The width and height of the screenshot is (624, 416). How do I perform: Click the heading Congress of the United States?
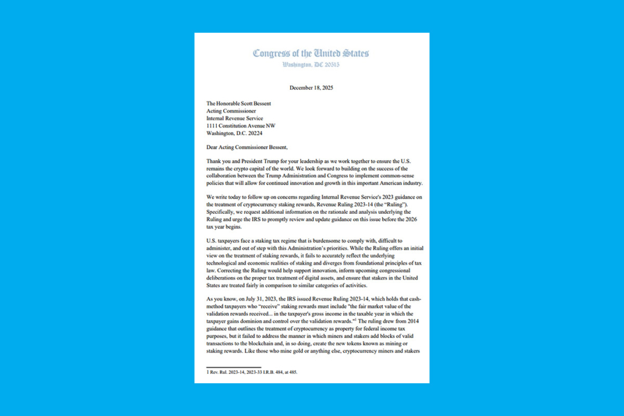coord(311,53)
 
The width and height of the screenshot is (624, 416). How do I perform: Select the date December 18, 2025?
coord(311,88)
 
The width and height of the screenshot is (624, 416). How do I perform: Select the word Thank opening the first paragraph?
coord(214,161)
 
